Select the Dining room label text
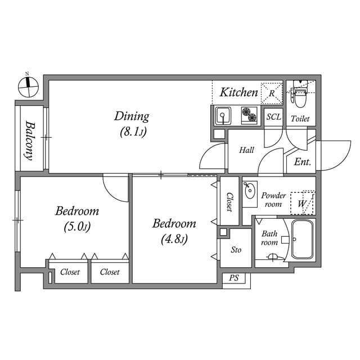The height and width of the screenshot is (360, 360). pos(132,116)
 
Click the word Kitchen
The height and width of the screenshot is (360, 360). pos(238,92)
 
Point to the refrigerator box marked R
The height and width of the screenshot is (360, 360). pos(272,93)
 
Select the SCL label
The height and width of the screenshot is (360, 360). pos(273,118)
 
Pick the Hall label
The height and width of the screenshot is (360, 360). pos(246,150)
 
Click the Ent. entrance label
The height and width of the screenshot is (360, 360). pos(303,163)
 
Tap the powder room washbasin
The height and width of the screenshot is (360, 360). pos(249,190)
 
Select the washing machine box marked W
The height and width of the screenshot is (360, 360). pos(303,203)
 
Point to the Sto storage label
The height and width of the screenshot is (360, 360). pos(236,249)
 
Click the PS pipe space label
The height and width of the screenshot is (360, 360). pos(234,278)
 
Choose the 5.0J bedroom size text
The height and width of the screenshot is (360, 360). pos(77,227)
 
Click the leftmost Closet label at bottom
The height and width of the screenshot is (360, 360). pos(70,272)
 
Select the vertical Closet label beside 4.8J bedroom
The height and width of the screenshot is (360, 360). pos(229,201)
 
